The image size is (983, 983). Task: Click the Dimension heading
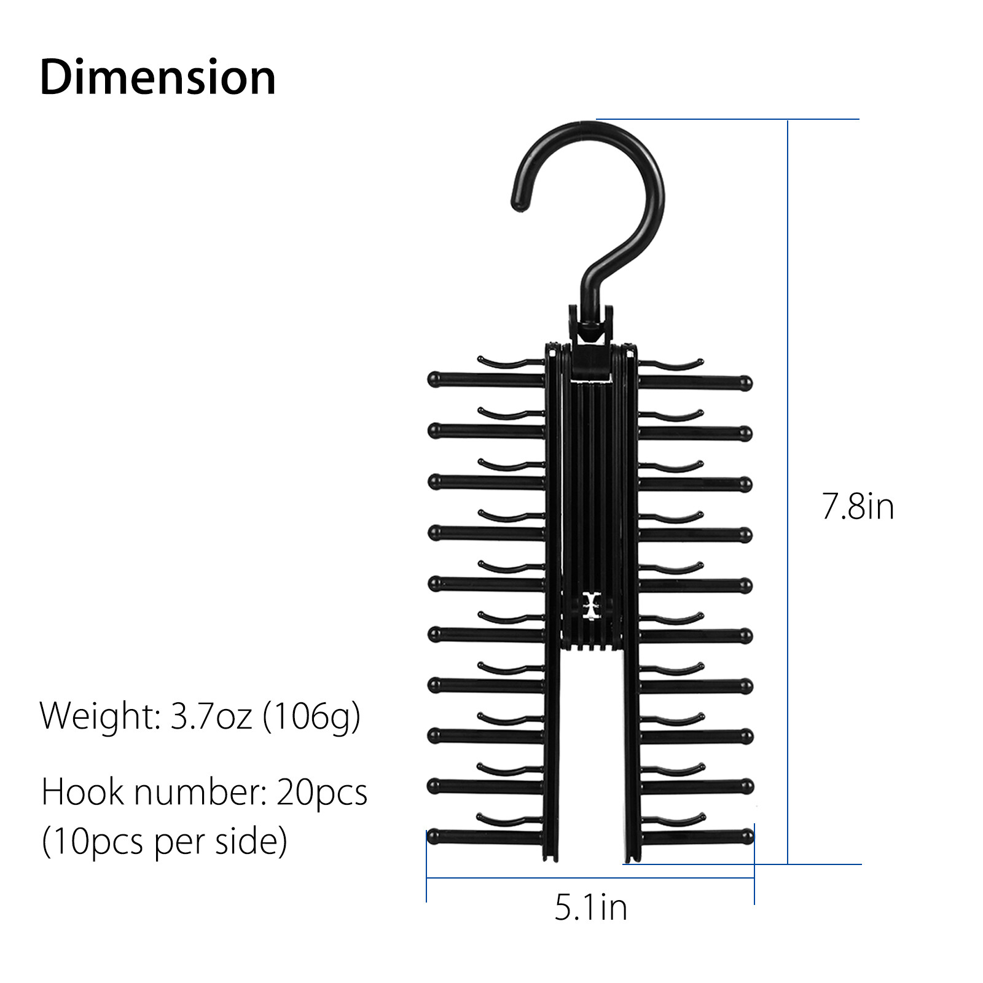(x=157, y=77)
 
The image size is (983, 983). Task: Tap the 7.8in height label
(x=858, y=507)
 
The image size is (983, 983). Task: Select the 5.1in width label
(x=590, y=907)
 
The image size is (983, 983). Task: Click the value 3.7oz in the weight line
(x=211, y=716)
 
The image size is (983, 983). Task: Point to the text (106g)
(x=311, y=716)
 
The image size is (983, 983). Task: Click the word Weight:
(x=100, y=716)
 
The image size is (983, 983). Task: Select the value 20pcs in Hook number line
(x=321, y=792)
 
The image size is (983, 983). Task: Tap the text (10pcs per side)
(x=164, y=841)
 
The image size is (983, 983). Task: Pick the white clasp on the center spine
(x=591, y=606)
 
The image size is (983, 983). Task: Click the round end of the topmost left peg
(x=434, y=379)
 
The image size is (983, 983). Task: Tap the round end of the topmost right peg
(x=745, y=383)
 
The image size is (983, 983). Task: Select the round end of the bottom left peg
(x=434, y=836)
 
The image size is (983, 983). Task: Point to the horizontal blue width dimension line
(x=590, y=878)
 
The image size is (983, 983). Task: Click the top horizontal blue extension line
(x=725, y=119)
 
